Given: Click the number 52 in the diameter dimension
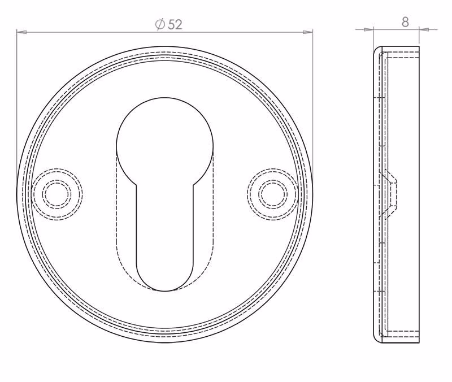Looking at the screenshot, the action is pyautogui.click(x=175, y=25).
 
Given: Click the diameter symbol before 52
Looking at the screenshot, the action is pyautogui.click(x=160, y=24).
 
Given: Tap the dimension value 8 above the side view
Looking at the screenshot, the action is pyautogui.click(x=405, y=22).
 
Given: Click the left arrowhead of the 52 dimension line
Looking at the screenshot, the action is pyautogui.click(x=21, y=32).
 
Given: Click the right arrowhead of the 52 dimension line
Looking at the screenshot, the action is pyautogui.click(x=307, y=32).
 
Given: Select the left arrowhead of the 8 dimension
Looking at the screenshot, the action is pyautogui.click(x=369, y=29).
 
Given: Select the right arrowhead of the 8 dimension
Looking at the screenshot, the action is pyautogui.click(x=424, y=29).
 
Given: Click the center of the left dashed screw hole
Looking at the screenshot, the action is pyautogui.click(x=57, y=194).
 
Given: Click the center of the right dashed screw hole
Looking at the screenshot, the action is pyautogui.click(x=273, y=194).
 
